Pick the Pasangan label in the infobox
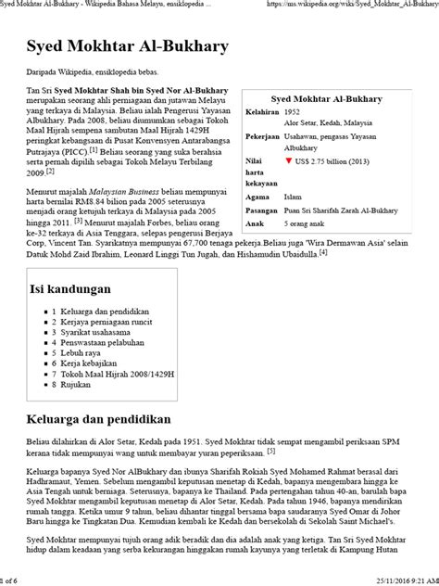(262, 210)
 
